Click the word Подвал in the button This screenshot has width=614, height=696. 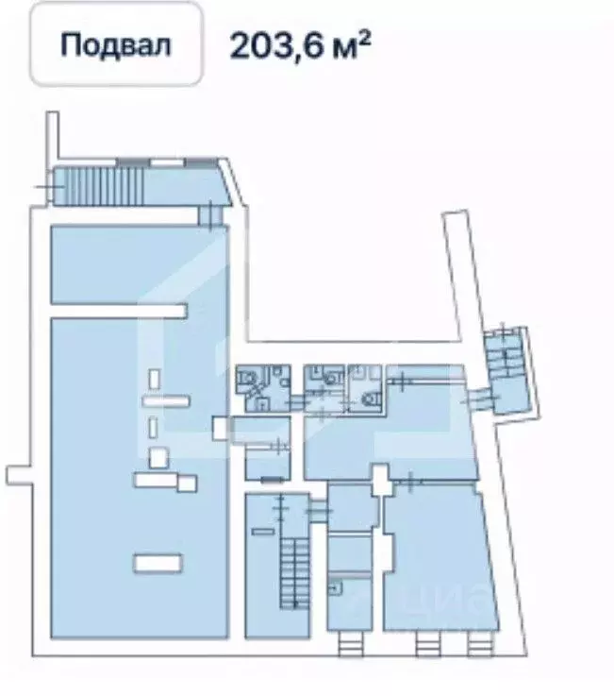(x=116, y=44)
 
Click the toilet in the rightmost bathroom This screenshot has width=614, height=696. (x=368, y=399)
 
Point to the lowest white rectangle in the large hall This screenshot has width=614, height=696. (x=158, y=563)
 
